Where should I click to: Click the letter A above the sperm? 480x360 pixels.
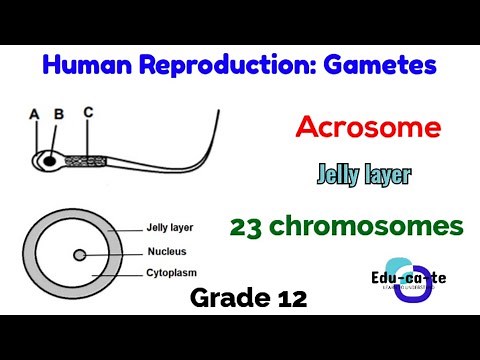tap(34, 114)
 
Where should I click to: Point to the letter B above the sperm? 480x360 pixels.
tap(58, 114)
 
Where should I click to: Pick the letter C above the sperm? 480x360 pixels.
tap(88, 112)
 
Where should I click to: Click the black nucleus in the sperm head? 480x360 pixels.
tap(47, 159)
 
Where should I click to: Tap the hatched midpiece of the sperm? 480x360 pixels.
tap(85, 159)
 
